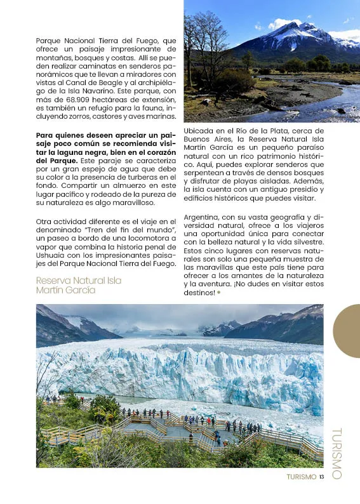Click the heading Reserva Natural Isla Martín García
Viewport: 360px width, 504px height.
(78, 285)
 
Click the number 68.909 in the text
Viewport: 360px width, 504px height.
(67, 101)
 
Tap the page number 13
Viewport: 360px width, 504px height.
(322, 477)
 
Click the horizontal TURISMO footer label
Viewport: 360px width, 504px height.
(301, 477)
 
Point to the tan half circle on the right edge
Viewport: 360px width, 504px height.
(348, 330)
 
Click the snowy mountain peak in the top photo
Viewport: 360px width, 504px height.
(299, 29)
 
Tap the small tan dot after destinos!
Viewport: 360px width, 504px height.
(219, 293)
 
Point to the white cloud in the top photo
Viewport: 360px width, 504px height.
(283, 23)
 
